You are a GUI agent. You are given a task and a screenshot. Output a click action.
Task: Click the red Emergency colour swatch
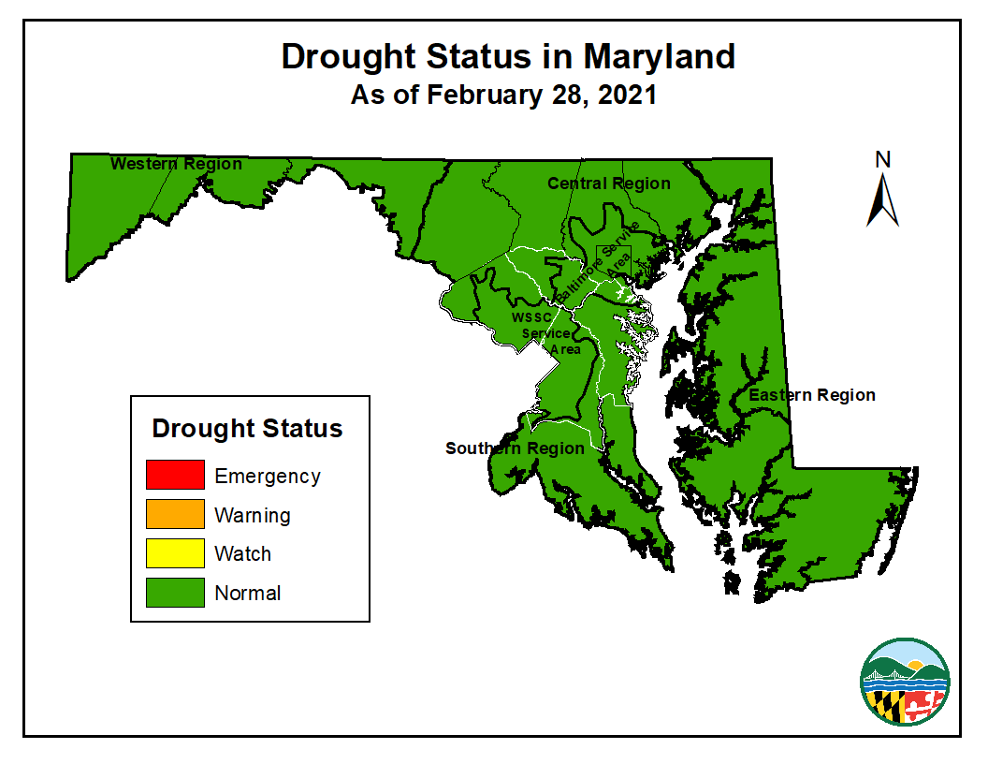click(x=175, y=475)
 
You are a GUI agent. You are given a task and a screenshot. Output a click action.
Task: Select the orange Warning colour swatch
click(x=175, y=514)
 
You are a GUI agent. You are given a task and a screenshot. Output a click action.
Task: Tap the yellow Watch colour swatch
click(x=175, y=553)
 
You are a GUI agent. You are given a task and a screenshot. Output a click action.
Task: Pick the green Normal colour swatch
click(x=175, y=593)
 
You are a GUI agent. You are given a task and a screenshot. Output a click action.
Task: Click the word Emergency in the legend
click(x=268, y=476)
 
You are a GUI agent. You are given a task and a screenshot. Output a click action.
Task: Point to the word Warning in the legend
click(x=253, y=515)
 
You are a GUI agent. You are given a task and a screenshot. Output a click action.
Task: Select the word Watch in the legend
click(x=243, y=553)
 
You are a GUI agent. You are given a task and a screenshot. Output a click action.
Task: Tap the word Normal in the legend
click(x=248, y=593)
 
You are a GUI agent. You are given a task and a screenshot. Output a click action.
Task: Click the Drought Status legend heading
click(x=248, y=429)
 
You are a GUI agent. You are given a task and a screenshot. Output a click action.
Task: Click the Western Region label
click(x=176, y=164)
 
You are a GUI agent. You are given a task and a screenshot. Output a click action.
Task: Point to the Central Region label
click(x=609, y=184)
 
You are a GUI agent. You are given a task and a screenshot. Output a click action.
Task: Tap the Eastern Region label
click(x=812, y=395)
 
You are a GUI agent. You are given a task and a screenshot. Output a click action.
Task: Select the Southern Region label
click(x=515, y=448)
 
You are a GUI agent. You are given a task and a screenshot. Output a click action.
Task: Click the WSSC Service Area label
click(x=547, y=333)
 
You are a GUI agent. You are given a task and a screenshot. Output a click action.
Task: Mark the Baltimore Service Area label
click(x=596, y=261)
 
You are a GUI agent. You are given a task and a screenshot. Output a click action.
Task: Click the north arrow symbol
click(x=882, y=201)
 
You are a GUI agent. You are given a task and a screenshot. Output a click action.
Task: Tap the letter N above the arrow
click(x=882, y=160)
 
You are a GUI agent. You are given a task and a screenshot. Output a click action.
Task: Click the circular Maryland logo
click(x=905, y=681)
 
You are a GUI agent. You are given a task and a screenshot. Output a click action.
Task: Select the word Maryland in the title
click(x=660, y=56)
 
